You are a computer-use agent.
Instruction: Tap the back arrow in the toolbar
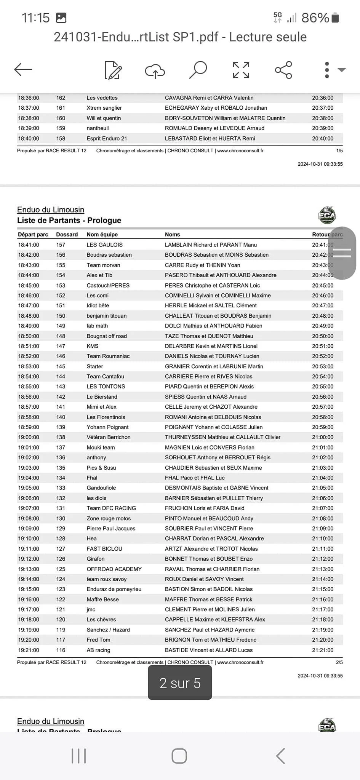[23, 69]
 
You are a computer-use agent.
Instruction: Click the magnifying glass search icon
[198, 70]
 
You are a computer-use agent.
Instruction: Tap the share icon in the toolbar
[283, 70]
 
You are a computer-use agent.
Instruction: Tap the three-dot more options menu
[327, 70]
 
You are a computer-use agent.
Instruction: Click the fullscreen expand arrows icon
[241, 70]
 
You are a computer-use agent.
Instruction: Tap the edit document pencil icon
[113, 70]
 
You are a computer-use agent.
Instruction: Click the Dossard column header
[67, 235]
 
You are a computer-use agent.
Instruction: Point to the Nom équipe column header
[102, 235]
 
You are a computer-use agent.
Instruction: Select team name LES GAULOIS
[104, 245]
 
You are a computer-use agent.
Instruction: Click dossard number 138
[61, 437]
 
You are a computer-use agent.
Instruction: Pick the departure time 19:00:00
[29, 437]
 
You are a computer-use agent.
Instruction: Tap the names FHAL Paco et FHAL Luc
[195, 478]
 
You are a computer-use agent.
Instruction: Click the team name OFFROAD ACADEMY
[114, 569]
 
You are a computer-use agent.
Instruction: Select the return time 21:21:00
[323, 650]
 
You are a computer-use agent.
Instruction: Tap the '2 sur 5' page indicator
[180, 683]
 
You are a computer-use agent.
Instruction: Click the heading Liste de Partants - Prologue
[69, 220]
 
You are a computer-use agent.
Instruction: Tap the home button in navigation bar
[179, 756]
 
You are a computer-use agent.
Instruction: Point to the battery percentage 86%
[315, 18]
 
